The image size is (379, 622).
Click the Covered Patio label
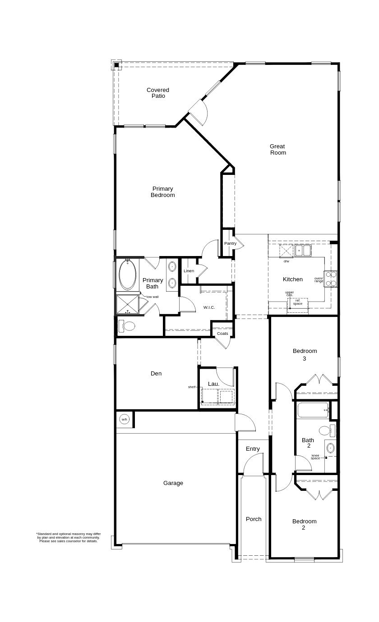[x=158, y=93]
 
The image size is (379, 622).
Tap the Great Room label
[x=277, y=149]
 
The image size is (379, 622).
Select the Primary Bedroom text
[x=162, y=192]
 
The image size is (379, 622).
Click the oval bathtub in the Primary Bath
[x=128, y=275]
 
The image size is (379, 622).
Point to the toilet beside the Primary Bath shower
[x=127, y=326]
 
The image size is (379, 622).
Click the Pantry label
[x=230, y=243]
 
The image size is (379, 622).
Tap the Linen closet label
[x=189, y=271]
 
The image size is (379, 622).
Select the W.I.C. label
[x=209, y=307]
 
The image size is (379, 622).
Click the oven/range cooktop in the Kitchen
[x=331, y=279]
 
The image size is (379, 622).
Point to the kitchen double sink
[x=303, y=250]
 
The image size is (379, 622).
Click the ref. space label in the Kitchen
[x=298, y=302]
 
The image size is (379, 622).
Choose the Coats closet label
[x=222, y=334]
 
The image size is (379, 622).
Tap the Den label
[x=156, y=373]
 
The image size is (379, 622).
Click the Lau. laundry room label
[x=213, y=384]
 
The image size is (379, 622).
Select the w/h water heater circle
[x=125, y=419]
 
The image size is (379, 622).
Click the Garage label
[x=173, y=483]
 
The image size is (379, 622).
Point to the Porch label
[x=254, y=519]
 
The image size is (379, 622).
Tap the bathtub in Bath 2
[x=313, y=410]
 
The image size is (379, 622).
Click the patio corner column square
[x=116, y=65]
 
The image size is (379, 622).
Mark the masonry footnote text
[x=69, y=537]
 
